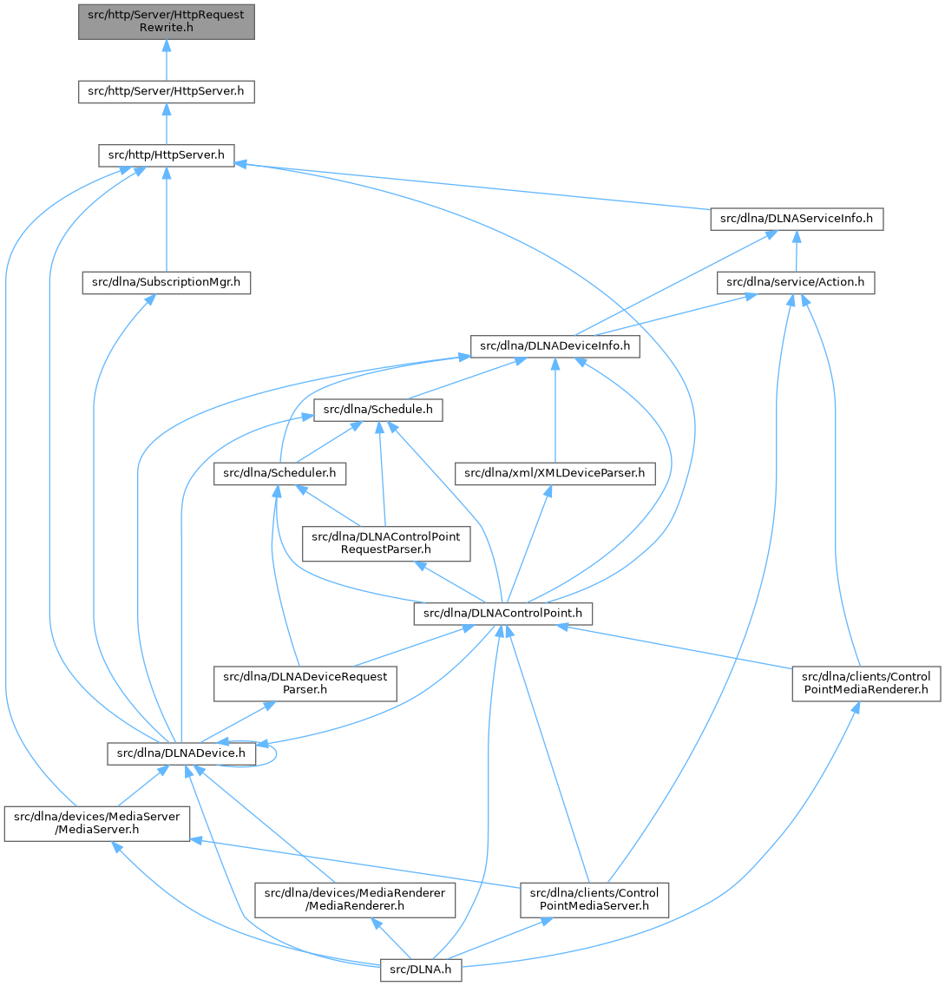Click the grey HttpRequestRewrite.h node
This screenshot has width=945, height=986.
pyautogui.click(x=166, y=21)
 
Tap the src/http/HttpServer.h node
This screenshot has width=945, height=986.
pyautogui.click(x=166, y=156)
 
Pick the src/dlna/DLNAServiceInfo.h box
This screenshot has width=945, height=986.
pyautogui.click(x=797, y=219)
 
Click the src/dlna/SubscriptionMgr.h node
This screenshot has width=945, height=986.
pyautogui.click(x=167, y=282)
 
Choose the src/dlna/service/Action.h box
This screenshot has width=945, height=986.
pyautogui.click(x=797, y=282)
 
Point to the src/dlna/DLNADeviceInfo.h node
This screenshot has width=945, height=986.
pyautogui.click(x=555, y=346)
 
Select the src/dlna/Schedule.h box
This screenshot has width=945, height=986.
pyautogui.click(x=378, y=410)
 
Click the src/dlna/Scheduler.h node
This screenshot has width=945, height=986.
pyautogui.click(x=280, y=473)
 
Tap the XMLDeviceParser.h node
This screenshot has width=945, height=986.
pyautogui.click(x=555, y=473)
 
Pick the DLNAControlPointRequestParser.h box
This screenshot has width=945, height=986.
pyautogui.click(x=386, y=543)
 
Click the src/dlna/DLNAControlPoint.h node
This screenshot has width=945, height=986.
pyautogui.click(x=503, y=614)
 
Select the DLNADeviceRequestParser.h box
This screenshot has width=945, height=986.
pyautogui.click(x=305, y=683)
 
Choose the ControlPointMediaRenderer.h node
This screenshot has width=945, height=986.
pyautogui.click(x=865, y=683)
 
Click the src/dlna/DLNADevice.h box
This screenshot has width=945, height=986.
pyautogui.click(x=181, y=753)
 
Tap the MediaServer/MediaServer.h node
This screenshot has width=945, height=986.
pyautogui.click(x=96, y=824)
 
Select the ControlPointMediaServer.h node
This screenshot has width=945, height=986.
pyautogui.click(x=594, y=900)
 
